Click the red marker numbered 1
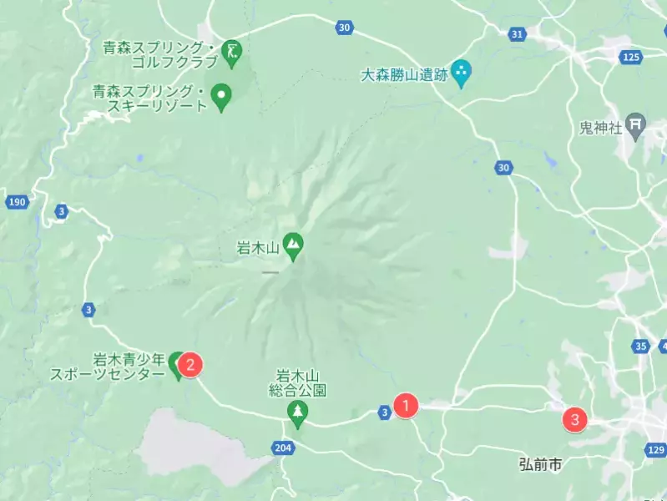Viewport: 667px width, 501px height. click(406, 406)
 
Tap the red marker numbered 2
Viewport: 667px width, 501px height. click(190, 364)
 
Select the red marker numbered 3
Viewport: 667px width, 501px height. click(574, 419)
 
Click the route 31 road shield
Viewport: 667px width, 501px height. click(518, 34)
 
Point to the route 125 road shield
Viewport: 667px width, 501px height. click(631, 57)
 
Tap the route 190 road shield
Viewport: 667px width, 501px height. click(16, 202)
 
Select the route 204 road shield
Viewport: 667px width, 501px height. click(283, 448)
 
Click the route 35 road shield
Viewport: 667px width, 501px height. click(640, 346)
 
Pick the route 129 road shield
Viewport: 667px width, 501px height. click(655, 450)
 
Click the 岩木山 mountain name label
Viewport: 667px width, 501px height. click(255, 246)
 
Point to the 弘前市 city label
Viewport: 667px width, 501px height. click(540, 464)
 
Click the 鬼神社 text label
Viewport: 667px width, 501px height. click(601, 128)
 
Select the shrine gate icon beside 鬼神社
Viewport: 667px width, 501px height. click(636, 126)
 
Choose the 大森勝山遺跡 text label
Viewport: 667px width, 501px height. click(403, 75)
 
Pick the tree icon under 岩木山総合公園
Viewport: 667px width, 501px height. click(296, 411)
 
